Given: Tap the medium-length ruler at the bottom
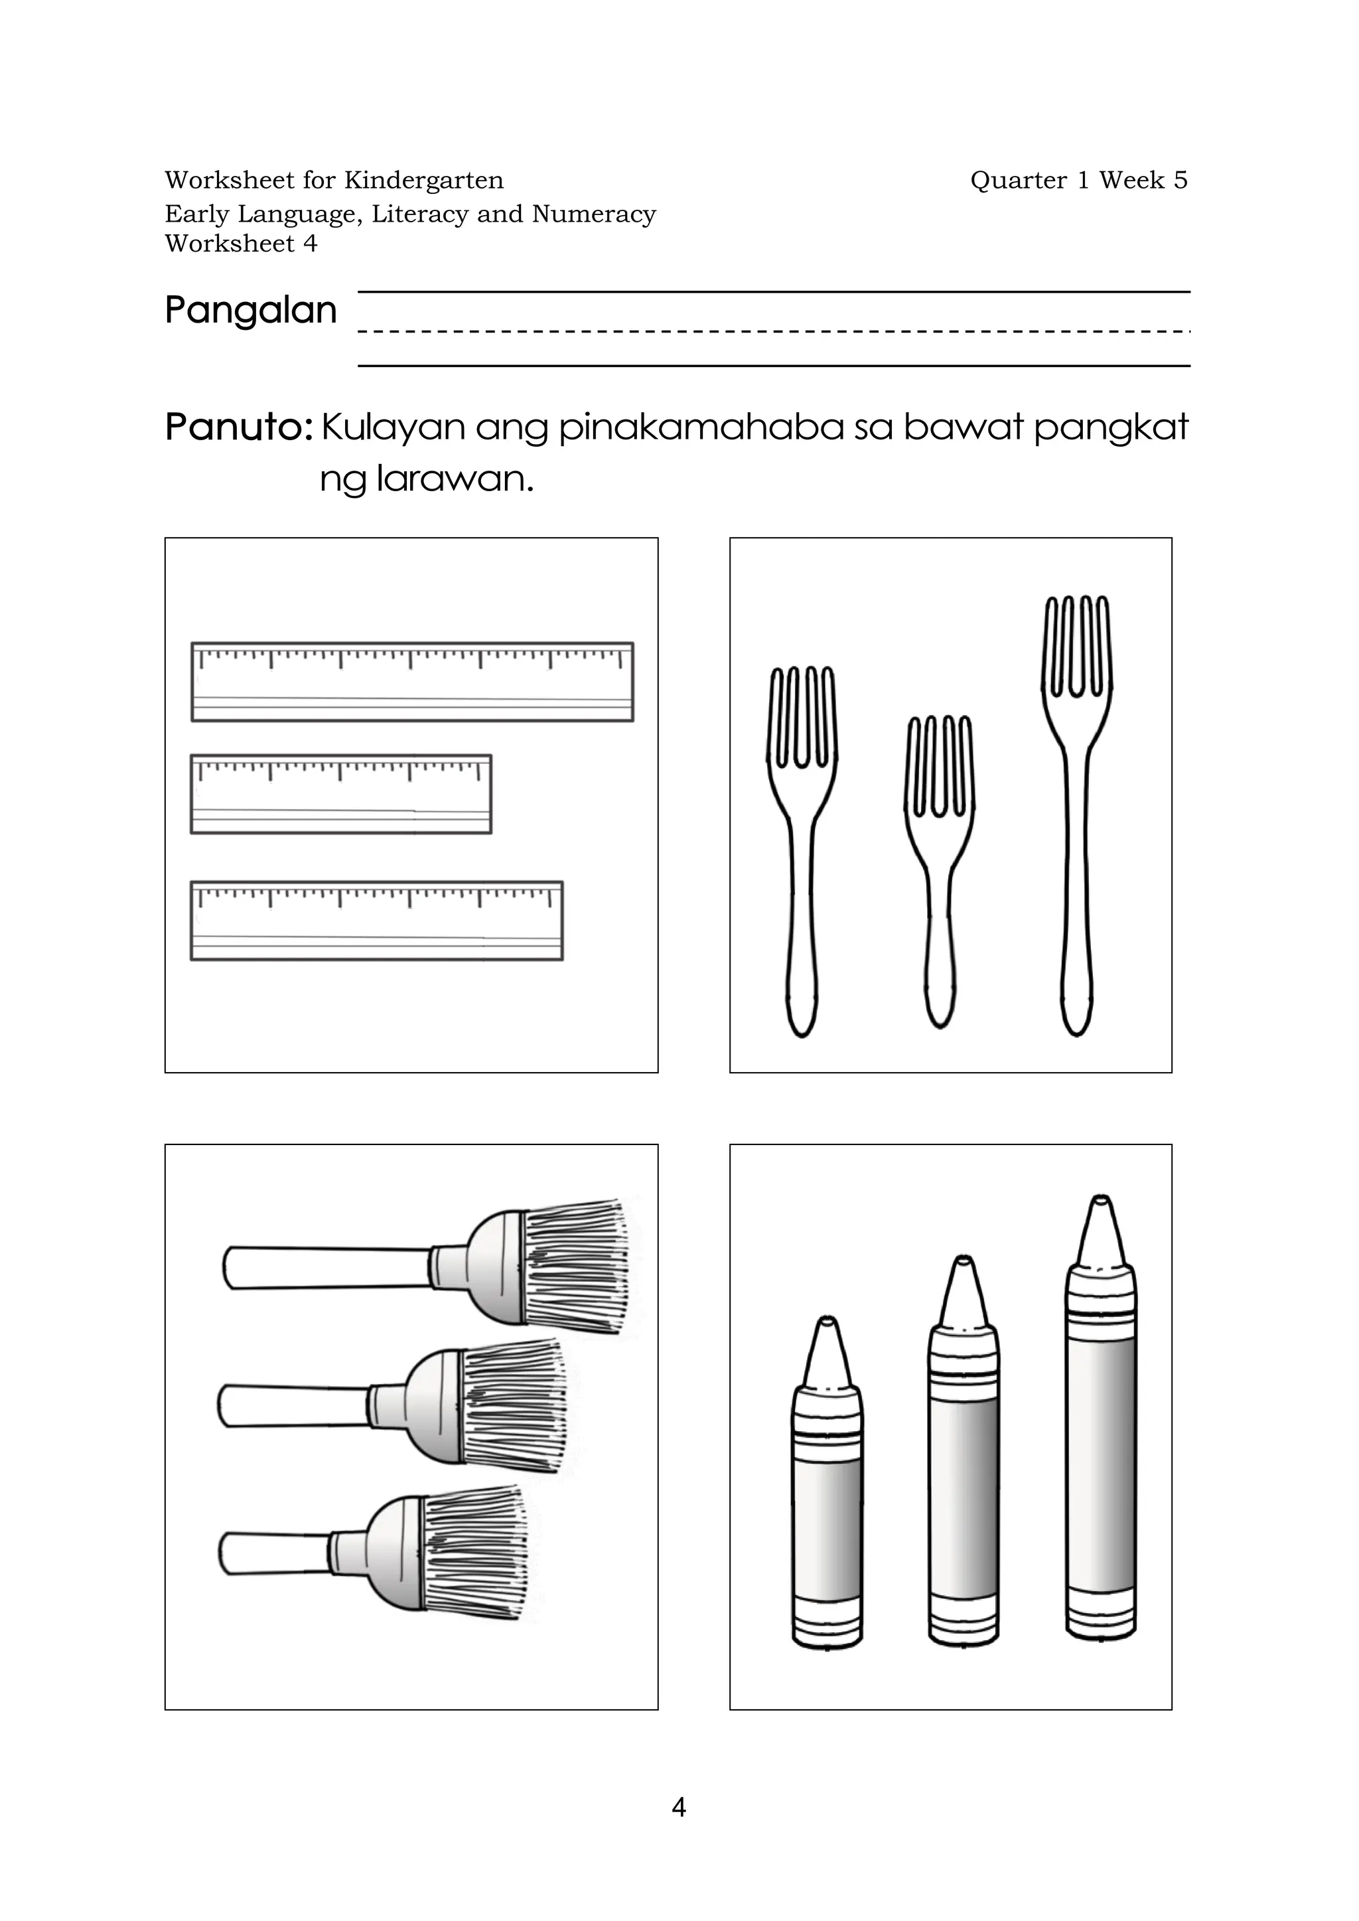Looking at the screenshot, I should tap(376, 920).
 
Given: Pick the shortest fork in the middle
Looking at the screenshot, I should tap(940, 870).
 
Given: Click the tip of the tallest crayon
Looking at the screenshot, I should tap(1100, 1210).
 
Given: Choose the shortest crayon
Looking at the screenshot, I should tap(827, 1507).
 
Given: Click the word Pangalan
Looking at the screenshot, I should tap(250, 311).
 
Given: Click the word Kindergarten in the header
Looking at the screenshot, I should tap(423, 180).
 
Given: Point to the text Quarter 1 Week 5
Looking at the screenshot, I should tap(1078, 180).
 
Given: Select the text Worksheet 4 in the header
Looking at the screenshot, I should tap(241, 244).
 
